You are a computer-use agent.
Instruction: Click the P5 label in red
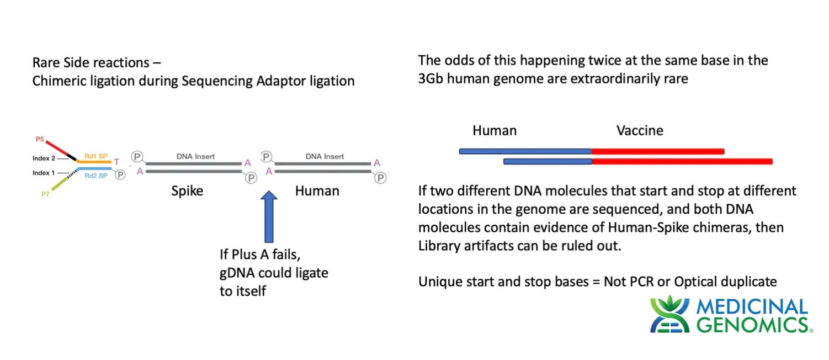click(x=40, y=140)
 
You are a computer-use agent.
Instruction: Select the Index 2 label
click(x=44, y=158)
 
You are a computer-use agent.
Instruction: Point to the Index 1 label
click(x=44, y=173)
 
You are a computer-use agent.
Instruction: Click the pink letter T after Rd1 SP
click(x=116, y=162)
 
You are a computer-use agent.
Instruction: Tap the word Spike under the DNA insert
click(x=187, y=191)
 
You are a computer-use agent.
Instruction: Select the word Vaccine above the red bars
click(x=639, y=131)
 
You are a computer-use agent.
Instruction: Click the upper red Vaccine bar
click(x=657, y=151)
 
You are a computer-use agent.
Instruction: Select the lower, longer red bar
click(x=682, y=161)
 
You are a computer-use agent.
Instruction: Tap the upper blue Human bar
click(x=525, y=151)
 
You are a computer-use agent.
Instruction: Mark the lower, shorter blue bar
click(x=548, y=161)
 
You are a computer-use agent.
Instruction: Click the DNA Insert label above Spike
click(x=195, y=156)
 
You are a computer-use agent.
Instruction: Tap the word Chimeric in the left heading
click(x=59, y=81)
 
